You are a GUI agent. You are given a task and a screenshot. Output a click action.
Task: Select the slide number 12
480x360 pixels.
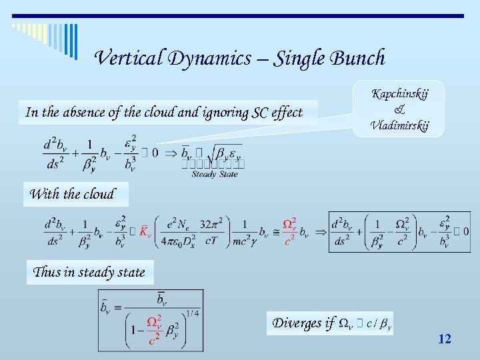[x=445, y=339]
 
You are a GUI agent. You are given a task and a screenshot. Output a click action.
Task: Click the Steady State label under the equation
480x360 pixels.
[x=215, y=175]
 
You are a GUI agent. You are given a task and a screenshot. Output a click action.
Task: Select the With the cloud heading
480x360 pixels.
[x=72, y=195]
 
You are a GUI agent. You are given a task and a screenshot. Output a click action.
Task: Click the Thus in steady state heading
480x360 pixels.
[x=89, y=272]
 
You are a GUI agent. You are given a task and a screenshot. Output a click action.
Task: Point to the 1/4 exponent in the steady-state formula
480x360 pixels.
[x=192, y=313]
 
